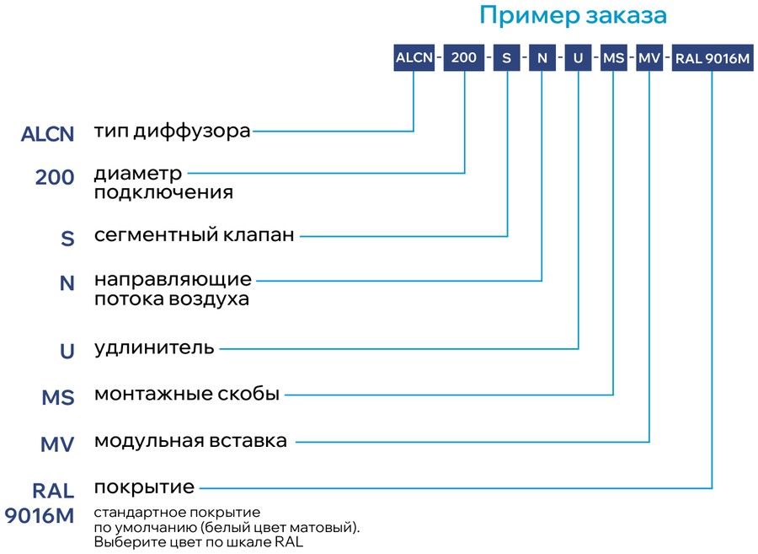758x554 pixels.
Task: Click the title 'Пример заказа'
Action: coord(574,15)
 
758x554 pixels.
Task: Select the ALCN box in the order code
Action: coord(414,58)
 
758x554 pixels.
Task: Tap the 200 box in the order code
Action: coord(464,58)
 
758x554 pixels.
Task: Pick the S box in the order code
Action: coord(507,58)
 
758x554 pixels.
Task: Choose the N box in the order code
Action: coord(542,58)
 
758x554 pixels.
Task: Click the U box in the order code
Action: coord(578,58)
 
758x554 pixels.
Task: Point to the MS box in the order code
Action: coord(613,58)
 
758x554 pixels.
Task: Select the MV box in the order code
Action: coord(649,58)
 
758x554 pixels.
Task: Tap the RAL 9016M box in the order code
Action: coord(713,58)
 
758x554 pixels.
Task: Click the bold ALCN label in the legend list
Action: coord(47,134)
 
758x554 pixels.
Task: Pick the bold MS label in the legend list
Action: coord(58,398)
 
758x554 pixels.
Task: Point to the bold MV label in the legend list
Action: coord(57,444)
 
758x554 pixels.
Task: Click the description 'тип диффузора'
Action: coord(172,131)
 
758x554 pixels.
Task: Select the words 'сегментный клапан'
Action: coord(195,234)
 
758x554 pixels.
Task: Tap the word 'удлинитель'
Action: coord(154,348)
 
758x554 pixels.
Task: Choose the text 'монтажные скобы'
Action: coord(187,394)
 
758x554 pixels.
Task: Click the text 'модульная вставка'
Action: coord(190,441)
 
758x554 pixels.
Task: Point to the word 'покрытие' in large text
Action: coord(144,487)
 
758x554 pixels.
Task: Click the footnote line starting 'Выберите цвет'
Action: coord(199,542)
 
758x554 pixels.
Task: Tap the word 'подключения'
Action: coord(163,193)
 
